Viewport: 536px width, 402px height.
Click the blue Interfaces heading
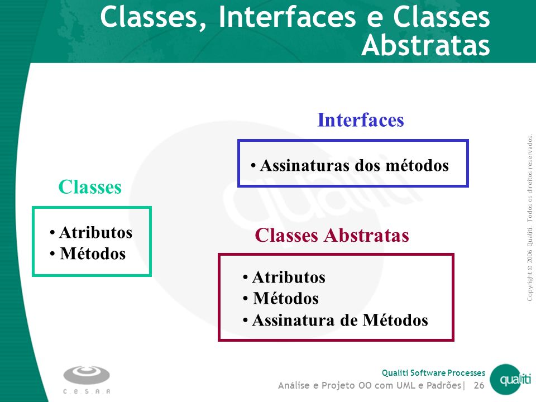(x=361, y=120)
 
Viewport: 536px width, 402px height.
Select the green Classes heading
(x=90, y=187)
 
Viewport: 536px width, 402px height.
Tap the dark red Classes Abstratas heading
(x=332, y=235)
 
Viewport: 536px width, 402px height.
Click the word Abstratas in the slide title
(x=426, y=45)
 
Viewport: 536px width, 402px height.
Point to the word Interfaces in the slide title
(x=287, y=17)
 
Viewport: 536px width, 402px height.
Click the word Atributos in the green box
(x=95, y=232)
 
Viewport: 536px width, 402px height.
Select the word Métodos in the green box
(x=93, y=253)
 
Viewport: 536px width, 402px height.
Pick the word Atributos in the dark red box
(x=289, y=277)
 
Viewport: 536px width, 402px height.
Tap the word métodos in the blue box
(x=417, y=165)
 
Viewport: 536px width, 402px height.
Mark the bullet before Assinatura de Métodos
(x=246, y=320)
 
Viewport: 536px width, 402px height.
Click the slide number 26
(x=479, y=385)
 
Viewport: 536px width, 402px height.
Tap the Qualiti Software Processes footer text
(x=433, y=372)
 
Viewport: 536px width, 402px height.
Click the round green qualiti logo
(x=511, y=380)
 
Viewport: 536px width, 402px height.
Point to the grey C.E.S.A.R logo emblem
(x=87, y=375)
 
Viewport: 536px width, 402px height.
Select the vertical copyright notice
(x=529, y=218)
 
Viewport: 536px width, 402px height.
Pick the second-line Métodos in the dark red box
(x=286, y=298)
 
